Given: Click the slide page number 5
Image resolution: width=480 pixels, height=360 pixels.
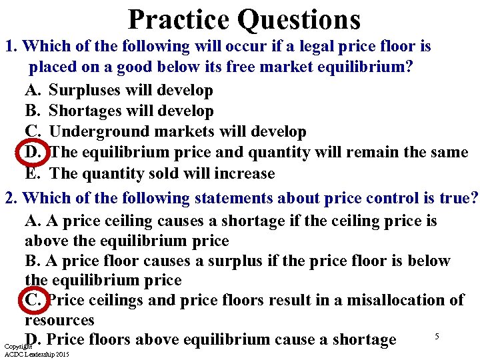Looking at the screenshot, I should tap(437, 336).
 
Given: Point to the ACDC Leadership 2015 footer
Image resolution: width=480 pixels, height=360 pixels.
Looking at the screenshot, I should tap(37, 355).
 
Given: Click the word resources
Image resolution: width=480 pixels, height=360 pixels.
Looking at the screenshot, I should tap(59, 320).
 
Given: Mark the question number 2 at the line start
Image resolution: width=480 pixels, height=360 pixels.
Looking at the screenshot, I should tap(9, 199).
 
